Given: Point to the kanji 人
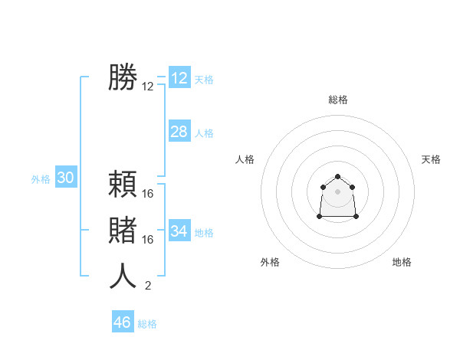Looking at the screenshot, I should pos(123,276).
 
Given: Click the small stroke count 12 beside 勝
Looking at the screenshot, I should pos(148,87).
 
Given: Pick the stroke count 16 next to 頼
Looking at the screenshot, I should pos(148,194).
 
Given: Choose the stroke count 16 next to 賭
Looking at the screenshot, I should pos(148,240).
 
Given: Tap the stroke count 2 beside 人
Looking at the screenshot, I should pos(148,286).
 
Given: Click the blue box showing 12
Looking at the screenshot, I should pos(179,78).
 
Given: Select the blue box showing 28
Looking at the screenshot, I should pos(179,132).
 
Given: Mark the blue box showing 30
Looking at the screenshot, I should pos(66,178).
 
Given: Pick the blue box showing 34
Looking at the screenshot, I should pos(179,231).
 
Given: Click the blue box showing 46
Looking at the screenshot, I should pos(123,322).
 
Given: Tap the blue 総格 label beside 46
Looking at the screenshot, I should pos(147,324).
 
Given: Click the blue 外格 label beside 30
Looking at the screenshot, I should pos(41,179).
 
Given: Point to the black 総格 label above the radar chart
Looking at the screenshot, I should pos(338,100).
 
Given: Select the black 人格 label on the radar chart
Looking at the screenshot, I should pos(245,159).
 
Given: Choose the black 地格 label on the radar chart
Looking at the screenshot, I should pos(402,262).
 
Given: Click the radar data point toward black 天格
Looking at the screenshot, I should pos(352,187).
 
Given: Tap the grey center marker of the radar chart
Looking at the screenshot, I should pos(338,191).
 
